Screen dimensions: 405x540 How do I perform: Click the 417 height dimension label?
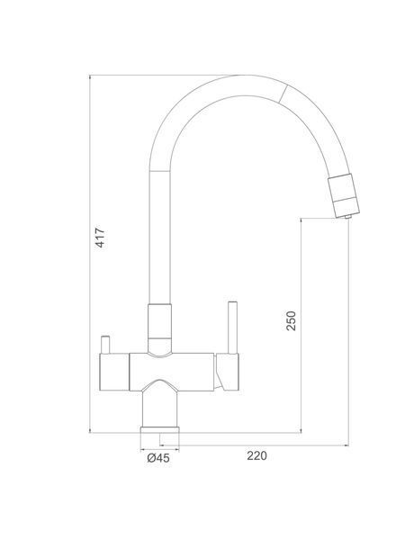[x=100, y=237]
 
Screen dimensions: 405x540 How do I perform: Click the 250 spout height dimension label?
[x=291, y=320]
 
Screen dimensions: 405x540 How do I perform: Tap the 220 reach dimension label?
[x=256, y=455]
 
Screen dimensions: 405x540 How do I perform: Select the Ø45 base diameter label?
[x=158, y=458]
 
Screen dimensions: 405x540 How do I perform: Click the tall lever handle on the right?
[x=233, y=328]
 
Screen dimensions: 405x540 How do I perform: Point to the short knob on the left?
[x=105, y=345]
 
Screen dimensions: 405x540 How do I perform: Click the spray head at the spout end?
[x=344, y=195]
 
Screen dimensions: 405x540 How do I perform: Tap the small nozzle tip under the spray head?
[x=347, y=217]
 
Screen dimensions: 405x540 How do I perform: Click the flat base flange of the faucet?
[x=160, y=430]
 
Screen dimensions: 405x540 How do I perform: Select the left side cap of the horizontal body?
[x=114, y=372]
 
